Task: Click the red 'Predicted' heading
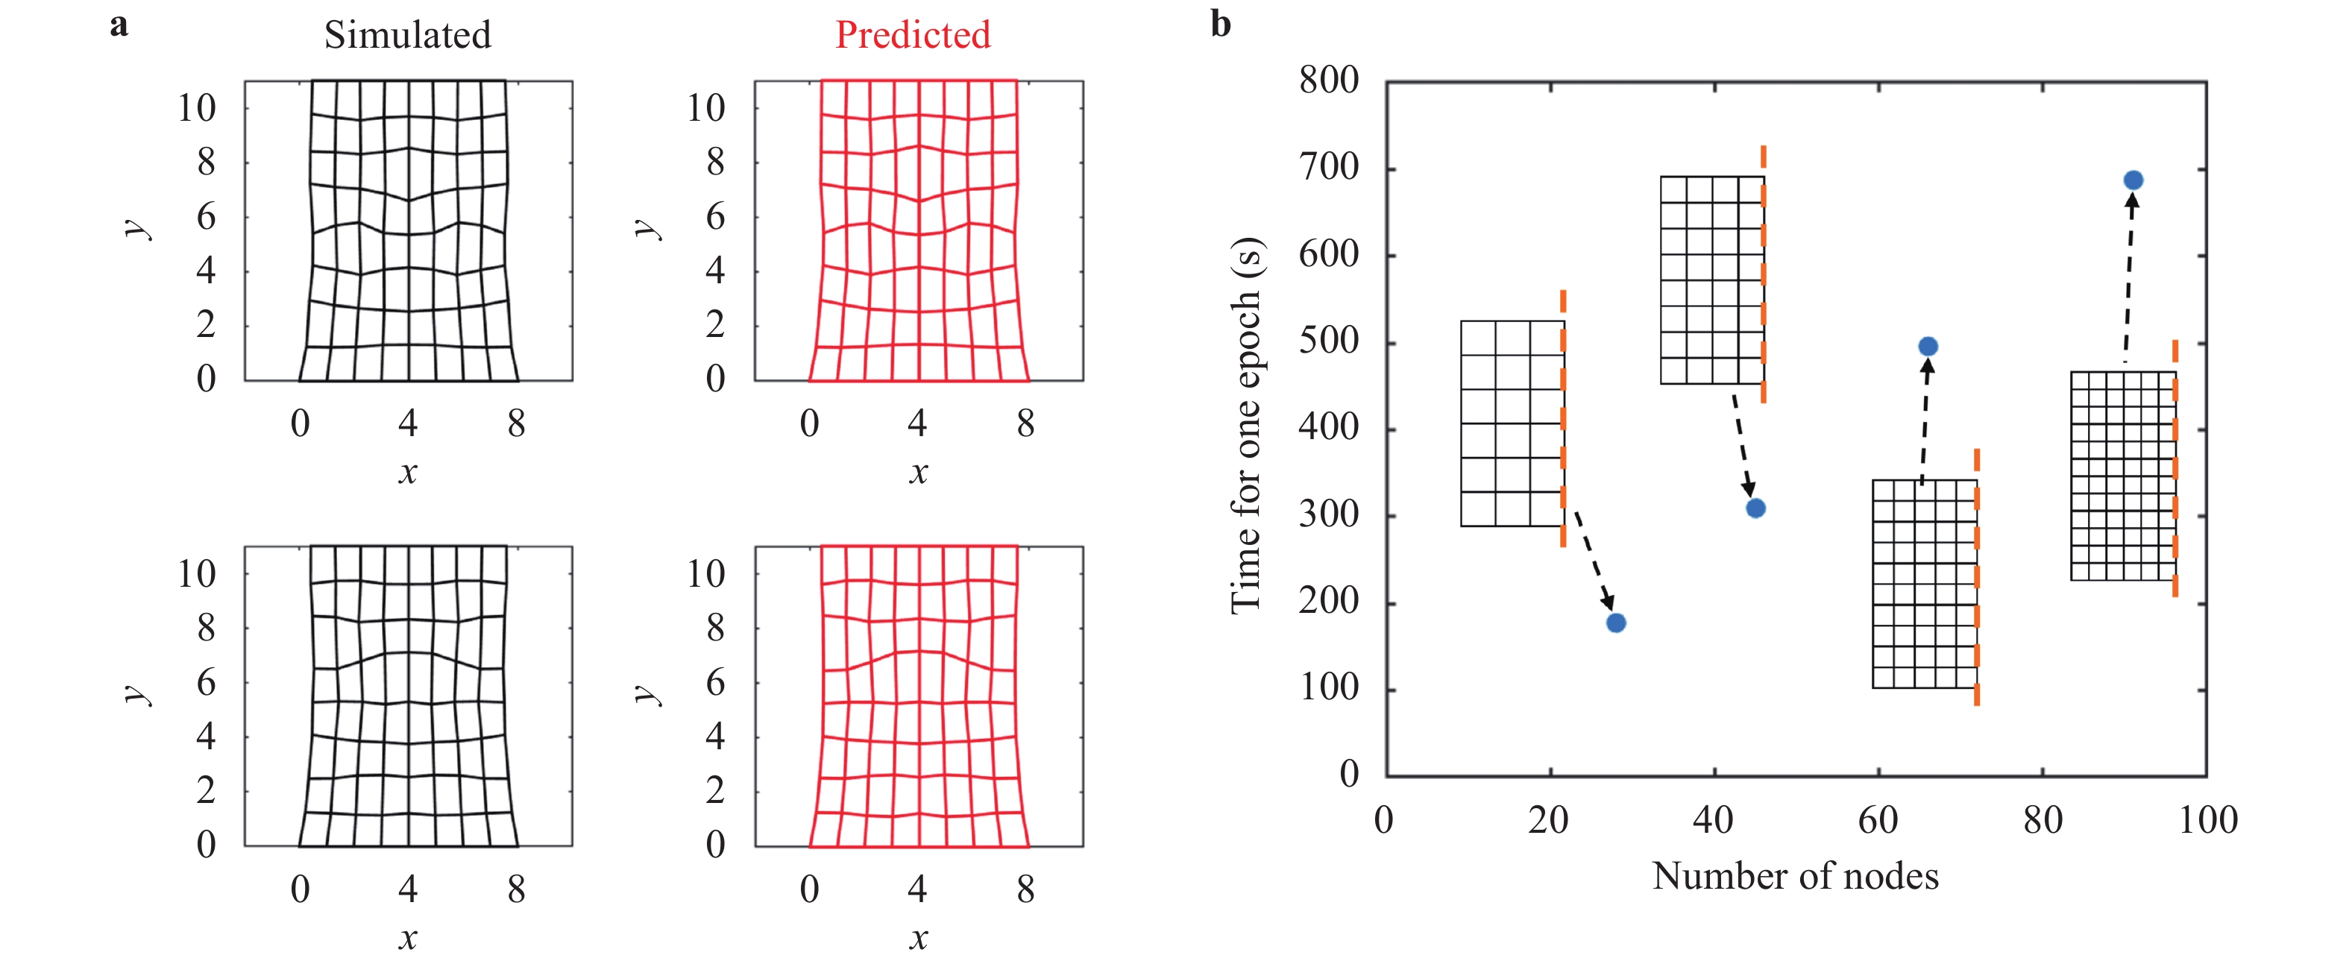[x=912, y=36]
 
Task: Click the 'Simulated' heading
[x=408, y=36]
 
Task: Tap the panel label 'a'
[x=119, y=25]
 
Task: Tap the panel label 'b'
[x=1220, y=25]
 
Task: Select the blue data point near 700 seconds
[x=2132, y=180]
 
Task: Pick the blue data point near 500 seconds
[x=1927, y=347]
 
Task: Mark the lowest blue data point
[x=1616, y=623]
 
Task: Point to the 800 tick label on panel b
[x=1329, y=81]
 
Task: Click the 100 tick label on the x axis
[x=2207, y=820]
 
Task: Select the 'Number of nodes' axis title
[x=1795, y=877]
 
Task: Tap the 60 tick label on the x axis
[x=1878, y=820]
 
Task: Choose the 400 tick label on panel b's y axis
[x=1329, y=426]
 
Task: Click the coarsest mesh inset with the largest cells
[x=1512, y=423]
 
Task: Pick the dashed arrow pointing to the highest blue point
[x=2128, y=283]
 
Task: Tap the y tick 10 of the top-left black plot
[x=196, y=109]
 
